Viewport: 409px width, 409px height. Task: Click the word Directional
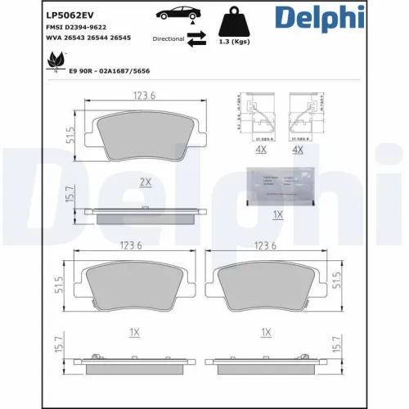(x=169, y=38)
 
